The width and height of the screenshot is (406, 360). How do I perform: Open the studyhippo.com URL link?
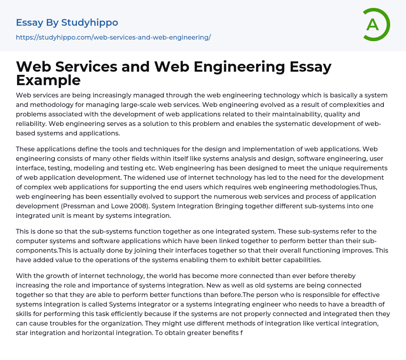click(x=113, y=37)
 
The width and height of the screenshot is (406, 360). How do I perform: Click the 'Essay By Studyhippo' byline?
click(x=67, y=23)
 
